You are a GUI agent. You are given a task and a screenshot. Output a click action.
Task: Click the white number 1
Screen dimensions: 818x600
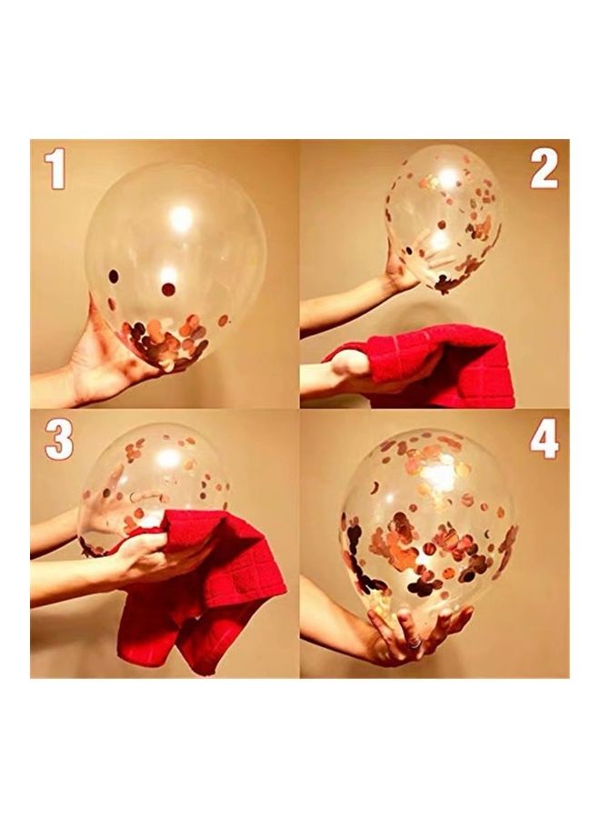(55, 170)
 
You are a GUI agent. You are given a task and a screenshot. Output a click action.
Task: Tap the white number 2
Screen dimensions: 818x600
(544, 170)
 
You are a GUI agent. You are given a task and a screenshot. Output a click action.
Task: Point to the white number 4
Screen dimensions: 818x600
(545, 440)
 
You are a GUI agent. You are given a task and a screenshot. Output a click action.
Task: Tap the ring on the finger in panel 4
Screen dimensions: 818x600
(413, 643)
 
